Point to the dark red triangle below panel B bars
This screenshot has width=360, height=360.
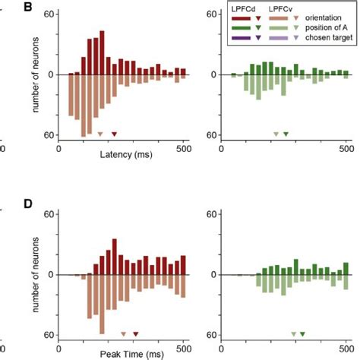[x=114, y=134]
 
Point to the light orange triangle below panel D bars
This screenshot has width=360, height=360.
[x=123, y=334]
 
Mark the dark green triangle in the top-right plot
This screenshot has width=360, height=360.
[x=286, y=134]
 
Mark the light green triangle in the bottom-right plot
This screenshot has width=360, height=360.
[x=293, y=334]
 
